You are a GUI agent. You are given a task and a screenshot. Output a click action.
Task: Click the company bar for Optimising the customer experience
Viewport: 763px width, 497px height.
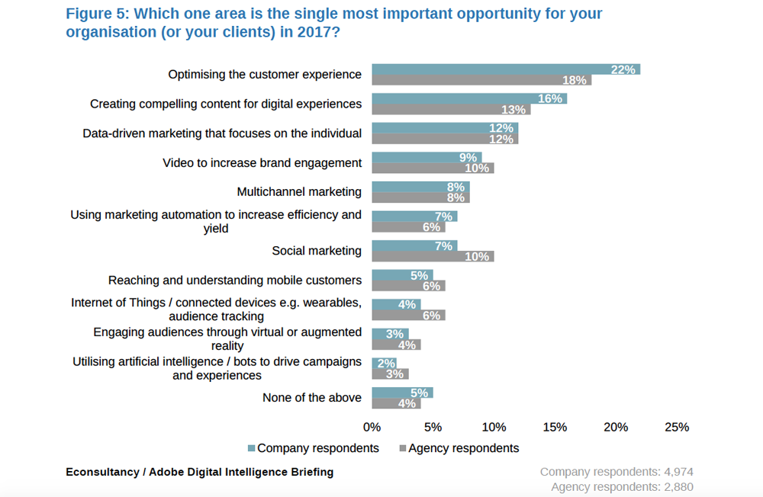point(505,69)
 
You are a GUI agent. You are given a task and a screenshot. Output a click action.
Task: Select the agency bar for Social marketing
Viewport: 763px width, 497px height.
point(433,257)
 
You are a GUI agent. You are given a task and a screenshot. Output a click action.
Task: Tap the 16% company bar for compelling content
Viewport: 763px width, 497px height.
point(468,98)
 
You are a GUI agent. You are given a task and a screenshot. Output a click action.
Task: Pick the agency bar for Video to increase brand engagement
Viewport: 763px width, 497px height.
point(433,168)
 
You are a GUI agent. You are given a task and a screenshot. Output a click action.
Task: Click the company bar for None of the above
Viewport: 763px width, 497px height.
point(402,393)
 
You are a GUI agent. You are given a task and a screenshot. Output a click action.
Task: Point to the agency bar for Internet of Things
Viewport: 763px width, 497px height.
point(408,316)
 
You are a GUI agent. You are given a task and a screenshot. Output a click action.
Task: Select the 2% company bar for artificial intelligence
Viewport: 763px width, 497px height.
point(384,364)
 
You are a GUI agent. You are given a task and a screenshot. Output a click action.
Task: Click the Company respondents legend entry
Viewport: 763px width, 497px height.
point(313,448)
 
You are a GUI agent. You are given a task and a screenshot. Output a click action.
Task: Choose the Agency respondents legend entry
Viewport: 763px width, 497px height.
point(458,448)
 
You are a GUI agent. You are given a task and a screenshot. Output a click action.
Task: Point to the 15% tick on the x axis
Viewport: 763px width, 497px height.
point(555,428)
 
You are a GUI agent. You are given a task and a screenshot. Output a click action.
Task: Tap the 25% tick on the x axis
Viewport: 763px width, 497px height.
point(677,428)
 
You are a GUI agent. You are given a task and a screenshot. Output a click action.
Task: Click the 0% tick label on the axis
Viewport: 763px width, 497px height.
point(372,428)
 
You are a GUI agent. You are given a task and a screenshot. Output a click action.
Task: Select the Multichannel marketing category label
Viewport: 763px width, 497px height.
point(299,191)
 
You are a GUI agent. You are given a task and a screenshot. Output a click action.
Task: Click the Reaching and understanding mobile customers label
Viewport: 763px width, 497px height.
point(235,281)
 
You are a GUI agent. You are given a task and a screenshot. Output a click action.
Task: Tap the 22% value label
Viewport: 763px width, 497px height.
point(623,69)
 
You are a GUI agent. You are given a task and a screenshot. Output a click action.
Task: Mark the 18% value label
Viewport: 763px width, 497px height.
point(575,80)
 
